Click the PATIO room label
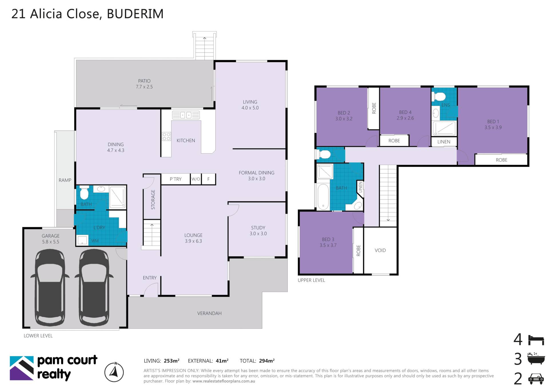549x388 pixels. click(144, 81)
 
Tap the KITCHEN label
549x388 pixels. click(186, 140)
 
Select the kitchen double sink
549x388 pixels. click(186, 115)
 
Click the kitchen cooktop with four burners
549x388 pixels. click(166, 136)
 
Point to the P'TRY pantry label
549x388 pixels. click(176, 179)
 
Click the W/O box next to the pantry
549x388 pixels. click(196, 179)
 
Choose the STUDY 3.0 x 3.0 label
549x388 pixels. click(258, 230)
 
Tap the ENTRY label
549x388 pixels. click(150, 278)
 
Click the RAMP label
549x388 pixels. click(65, 180)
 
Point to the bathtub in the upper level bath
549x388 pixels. click(323, 197)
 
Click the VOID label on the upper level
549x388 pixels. click(380, 250)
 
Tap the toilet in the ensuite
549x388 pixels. click(439, 96)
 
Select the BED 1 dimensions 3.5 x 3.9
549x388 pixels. click(493, 128)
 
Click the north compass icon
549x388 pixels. click(114, 372)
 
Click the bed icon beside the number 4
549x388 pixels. click(536, 340)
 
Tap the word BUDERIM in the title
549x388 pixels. click(135, 14)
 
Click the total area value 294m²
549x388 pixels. click(266, 361)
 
